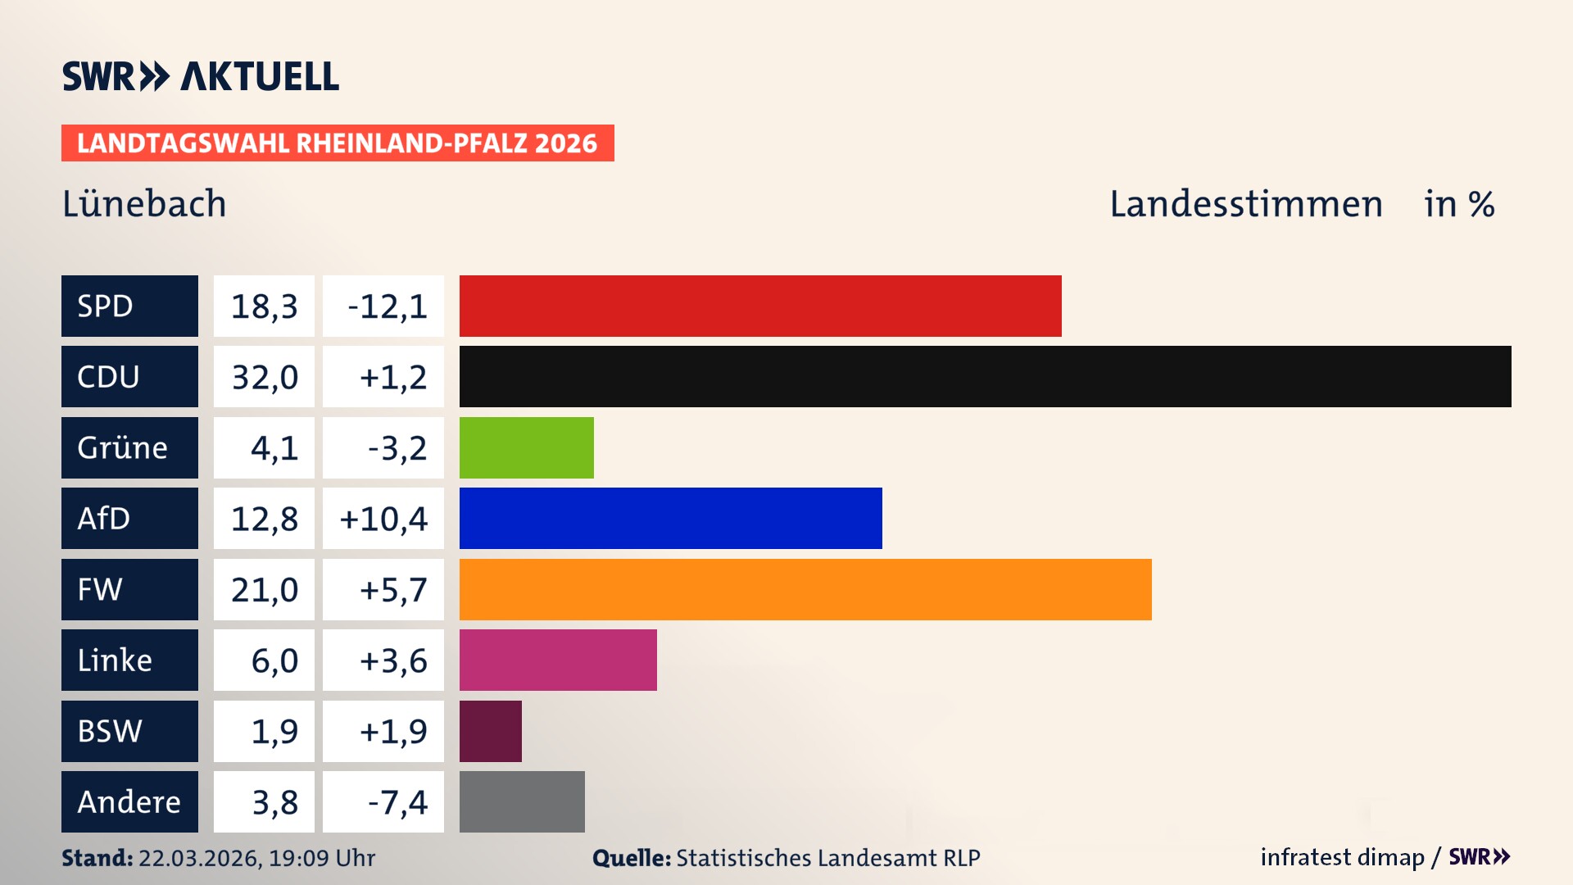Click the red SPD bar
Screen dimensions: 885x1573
coord(760,306)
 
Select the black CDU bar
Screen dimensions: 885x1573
coord(985,376)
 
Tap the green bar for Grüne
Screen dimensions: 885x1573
coord(526,447)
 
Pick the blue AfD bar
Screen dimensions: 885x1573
coord(670,518)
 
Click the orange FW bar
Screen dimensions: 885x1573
coord(805,589)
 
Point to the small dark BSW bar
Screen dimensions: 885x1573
coord(490,731)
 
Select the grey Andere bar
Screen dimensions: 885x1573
coord(522,801)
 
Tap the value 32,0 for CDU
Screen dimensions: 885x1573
coord(264,377)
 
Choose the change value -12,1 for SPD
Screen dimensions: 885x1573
coord(387,306)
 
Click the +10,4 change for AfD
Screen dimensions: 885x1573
coord(383,519)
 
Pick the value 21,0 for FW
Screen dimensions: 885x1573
coord(264,590)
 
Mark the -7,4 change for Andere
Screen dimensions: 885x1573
coord(397,802)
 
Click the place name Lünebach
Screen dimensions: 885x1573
coord(144,203)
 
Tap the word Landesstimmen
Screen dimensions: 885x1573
coord(1245,203)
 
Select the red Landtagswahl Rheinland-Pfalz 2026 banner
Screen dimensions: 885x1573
coord(338,143)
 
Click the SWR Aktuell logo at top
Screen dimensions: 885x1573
coord(200,76)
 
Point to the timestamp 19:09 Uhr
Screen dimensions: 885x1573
coord(321,858)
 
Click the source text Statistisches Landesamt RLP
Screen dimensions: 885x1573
coord(827,858)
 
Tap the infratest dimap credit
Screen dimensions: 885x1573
coord(1342,857)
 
